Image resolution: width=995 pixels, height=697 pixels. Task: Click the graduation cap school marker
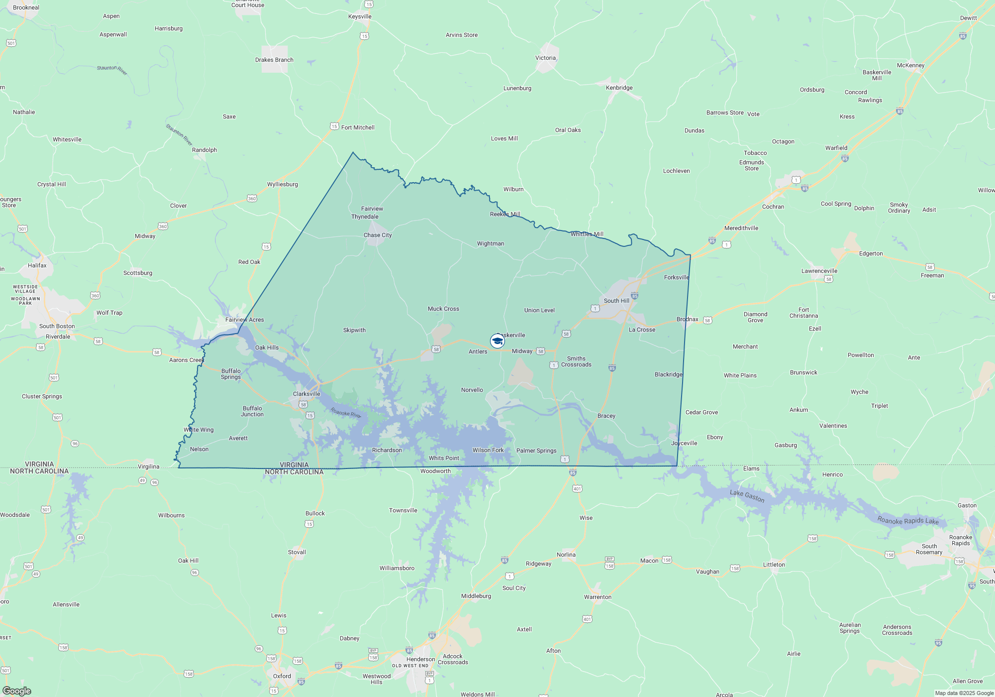coord(497,341)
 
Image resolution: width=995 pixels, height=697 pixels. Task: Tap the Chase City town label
coord(378,235)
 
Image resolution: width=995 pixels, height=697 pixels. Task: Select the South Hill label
coord(616,301)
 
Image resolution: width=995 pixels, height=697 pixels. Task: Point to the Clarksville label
coord(306,394)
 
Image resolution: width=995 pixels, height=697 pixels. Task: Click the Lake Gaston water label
coord(747,496)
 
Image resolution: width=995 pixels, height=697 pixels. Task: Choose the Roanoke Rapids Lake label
coord(907,520)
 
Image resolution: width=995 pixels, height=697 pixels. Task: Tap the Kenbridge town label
coord(619,88)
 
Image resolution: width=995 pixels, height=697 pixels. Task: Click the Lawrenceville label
coord(819,271)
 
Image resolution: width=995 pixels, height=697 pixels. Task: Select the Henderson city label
coord(420,659)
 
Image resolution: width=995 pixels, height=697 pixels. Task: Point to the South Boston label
coord(57,326)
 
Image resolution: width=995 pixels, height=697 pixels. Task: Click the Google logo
coord(17,691)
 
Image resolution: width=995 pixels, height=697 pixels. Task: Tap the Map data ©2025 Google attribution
coord(964,693)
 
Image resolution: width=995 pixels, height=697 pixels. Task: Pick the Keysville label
coord(360,16)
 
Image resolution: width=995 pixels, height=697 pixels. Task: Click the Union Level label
coord(539,310)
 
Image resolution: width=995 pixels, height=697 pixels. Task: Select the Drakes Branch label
coord(274,60)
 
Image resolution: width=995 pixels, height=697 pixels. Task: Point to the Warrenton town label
coord(597,597)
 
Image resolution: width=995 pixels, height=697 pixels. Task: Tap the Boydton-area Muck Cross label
coord(443,309)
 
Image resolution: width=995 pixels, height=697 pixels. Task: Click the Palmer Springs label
coord(536,451)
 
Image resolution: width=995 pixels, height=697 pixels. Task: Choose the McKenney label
coord(910,65)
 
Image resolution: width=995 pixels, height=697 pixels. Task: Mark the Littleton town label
coord(774,565)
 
